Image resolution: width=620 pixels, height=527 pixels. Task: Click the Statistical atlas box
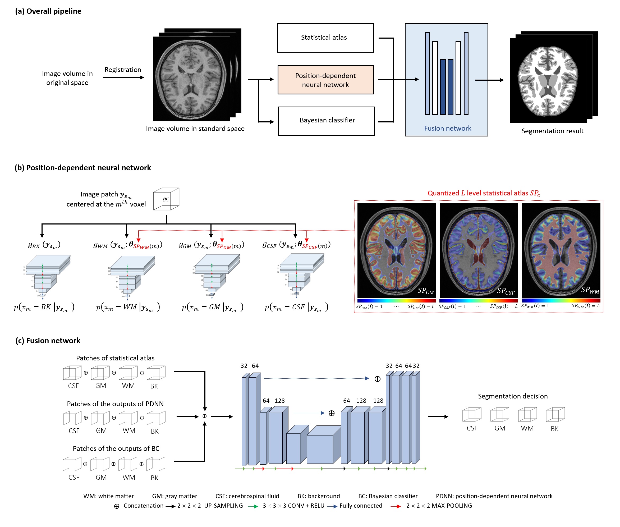point(325,38)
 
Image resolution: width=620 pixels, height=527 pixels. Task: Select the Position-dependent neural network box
point(325,80)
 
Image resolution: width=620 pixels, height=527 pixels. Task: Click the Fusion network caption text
point(447,129)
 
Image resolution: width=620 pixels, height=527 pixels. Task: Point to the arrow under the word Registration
point(123,78)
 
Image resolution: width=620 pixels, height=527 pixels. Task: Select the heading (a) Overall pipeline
point(48,11)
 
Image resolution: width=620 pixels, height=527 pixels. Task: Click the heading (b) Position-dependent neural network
point(83,168)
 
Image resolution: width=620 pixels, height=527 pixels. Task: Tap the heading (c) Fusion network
point(48,341)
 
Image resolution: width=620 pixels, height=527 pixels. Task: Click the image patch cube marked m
point(166,199)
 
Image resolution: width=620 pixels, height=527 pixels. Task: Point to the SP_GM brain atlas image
point(396,250)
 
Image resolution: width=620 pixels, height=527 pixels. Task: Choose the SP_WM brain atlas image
point(561,250)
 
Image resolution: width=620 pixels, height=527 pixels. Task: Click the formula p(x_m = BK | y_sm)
point(44,307)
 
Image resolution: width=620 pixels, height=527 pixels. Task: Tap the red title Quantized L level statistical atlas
point(484,193)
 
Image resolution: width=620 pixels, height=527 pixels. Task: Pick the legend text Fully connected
point(360,506)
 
